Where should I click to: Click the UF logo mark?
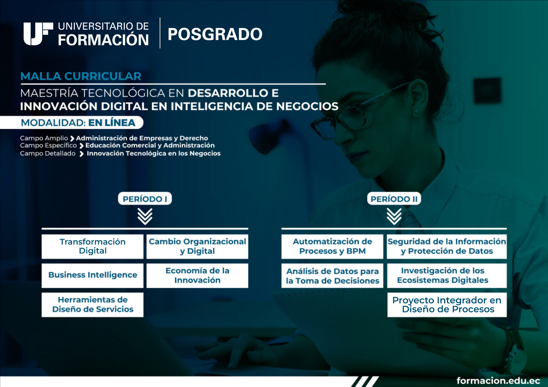click(x=38, y=34)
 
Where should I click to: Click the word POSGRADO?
click(x=215, y=34)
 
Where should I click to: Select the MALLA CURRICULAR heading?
click(x=81, y=76)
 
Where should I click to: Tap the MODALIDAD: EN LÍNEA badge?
click(x=72, y=122)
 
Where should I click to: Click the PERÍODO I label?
click(x=145, y=199)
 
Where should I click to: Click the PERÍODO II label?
click(x=394, y=199)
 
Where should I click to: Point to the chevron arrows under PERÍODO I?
click(x=145, y=217)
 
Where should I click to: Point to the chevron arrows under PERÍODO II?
click(x=394, y=217)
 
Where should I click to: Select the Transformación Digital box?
click(x=92, y=246)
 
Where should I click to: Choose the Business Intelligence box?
click(x=92, y=275)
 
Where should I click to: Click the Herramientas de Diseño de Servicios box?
click(x=92, y=305)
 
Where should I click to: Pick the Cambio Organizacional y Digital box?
click(x=197, y=246)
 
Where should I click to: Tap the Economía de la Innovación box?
click(x=197, y=275)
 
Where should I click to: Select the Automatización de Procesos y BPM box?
click(x=332, y=246)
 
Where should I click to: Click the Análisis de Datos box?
click(x=332, y=275)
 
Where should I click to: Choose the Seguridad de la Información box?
click(x=447, y=246)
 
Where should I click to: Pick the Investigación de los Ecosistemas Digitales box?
click(x=447, y=275)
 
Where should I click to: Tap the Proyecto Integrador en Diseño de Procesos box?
click(x=447, y=305)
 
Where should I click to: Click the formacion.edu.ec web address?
click(x=498, y=381)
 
